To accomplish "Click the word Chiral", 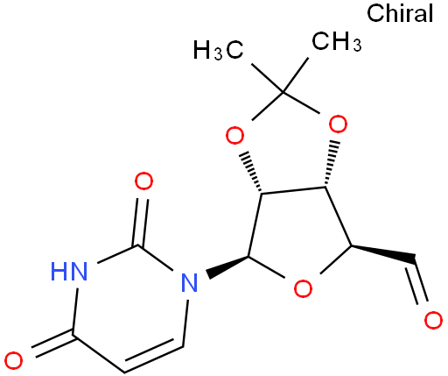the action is [400, 13].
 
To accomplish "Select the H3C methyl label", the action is [218, 50].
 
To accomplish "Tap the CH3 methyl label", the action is [337, 41].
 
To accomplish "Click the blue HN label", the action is [69, 272].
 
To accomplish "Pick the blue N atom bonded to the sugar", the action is [189, 282].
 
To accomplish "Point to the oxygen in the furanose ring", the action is [303, 288].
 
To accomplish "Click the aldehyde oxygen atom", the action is [433, 320].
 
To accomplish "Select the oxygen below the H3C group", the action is [234, 135].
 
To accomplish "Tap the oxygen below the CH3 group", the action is [338, 124].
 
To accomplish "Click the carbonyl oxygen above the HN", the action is [143, 181].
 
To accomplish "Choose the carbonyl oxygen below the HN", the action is [14, 360].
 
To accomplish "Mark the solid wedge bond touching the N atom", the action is [227, 266].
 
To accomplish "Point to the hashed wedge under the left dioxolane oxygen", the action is [251, 172].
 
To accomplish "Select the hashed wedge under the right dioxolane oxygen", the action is [331, 164].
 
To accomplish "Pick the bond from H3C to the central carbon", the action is [267, 78].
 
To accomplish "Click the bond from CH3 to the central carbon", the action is [295, 75].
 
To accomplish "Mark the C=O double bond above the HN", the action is [141, 223].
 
